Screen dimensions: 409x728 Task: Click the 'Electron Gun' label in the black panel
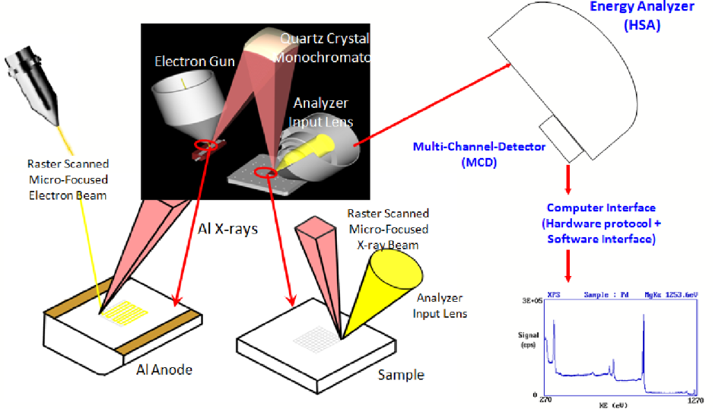(189, 61)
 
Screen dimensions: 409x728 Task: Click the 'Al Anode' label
(164, 369)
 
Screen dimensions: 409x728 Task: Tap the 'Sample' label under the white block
(400, 374)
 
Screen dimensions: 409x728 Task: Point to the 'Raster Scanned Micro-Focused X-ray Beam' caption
(387, 229)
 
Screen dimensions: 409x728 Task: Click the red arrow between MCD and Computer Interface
(568, 179)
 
